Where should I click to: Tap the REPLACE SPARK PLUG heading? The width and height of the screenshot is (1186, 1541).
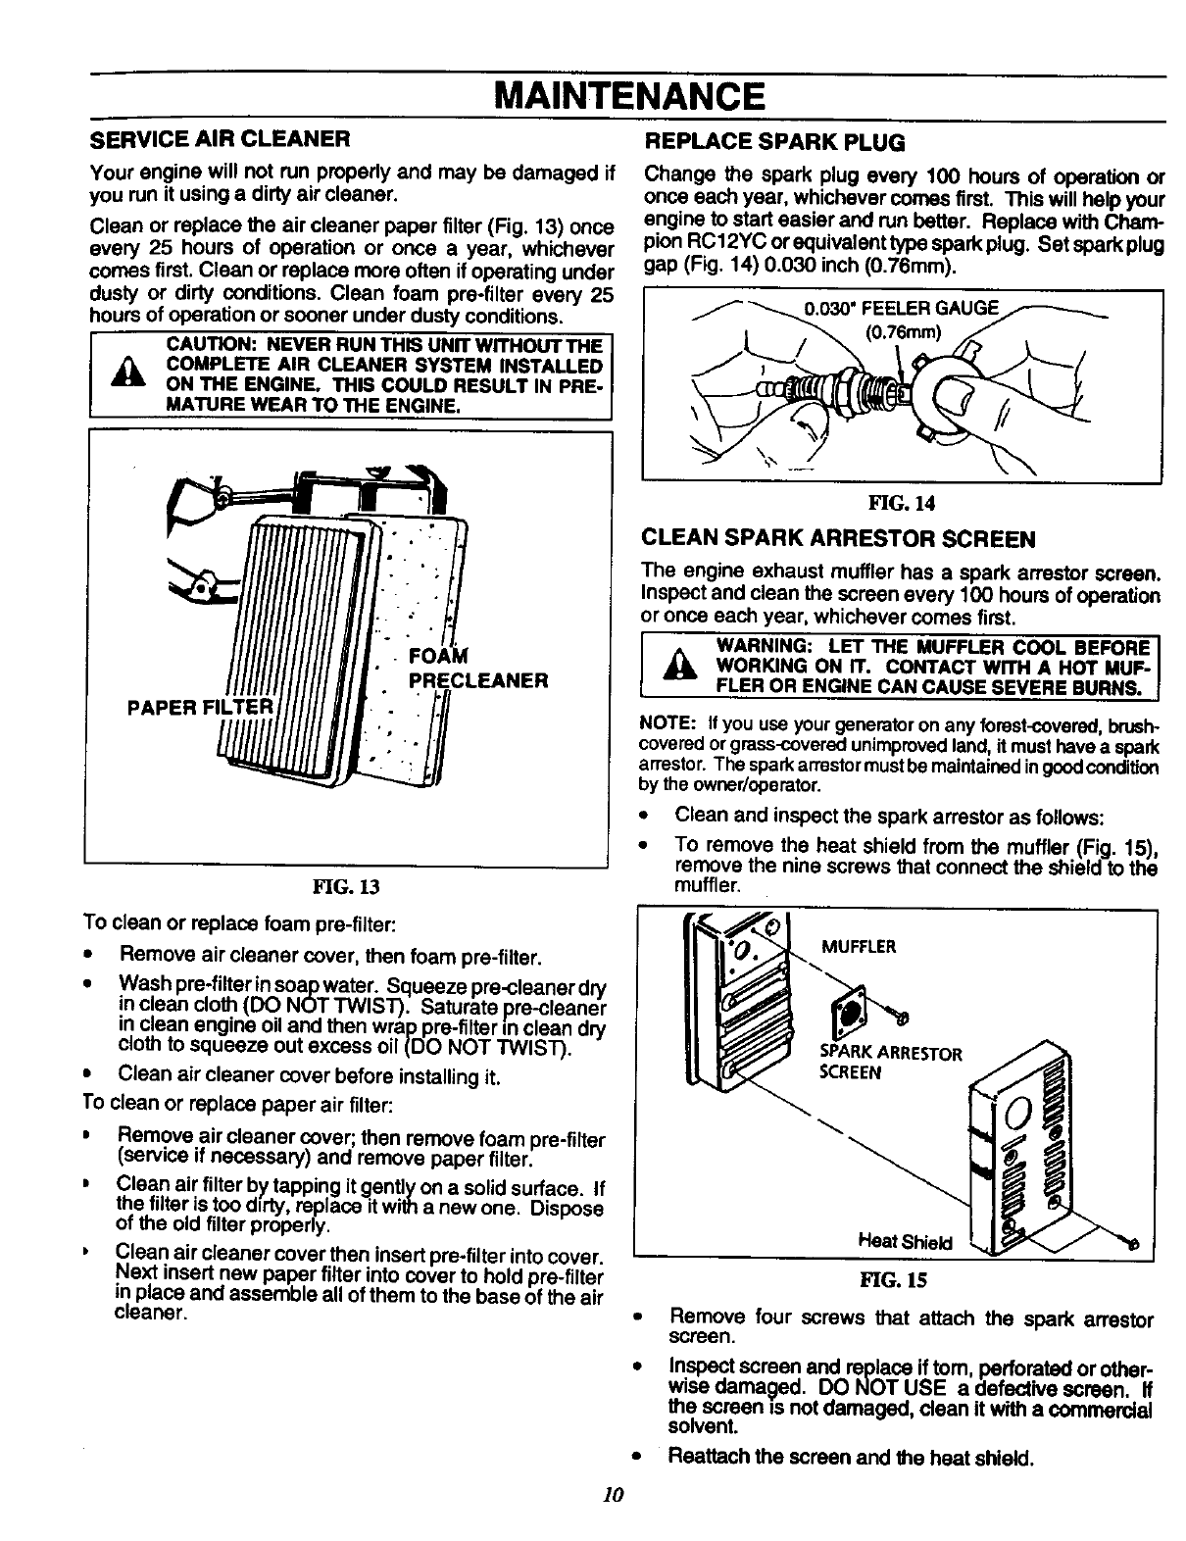tap(773, 143)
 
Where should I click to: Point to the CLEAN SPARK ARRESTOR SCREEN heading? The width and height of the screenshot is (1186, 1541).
tap(838, 539)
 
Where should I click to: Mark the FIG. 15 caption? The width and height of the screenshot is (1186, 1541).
tap(892, 1279)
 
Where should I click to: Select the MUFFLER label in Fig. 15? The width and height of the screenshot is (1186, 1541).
tap(859, 947)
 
